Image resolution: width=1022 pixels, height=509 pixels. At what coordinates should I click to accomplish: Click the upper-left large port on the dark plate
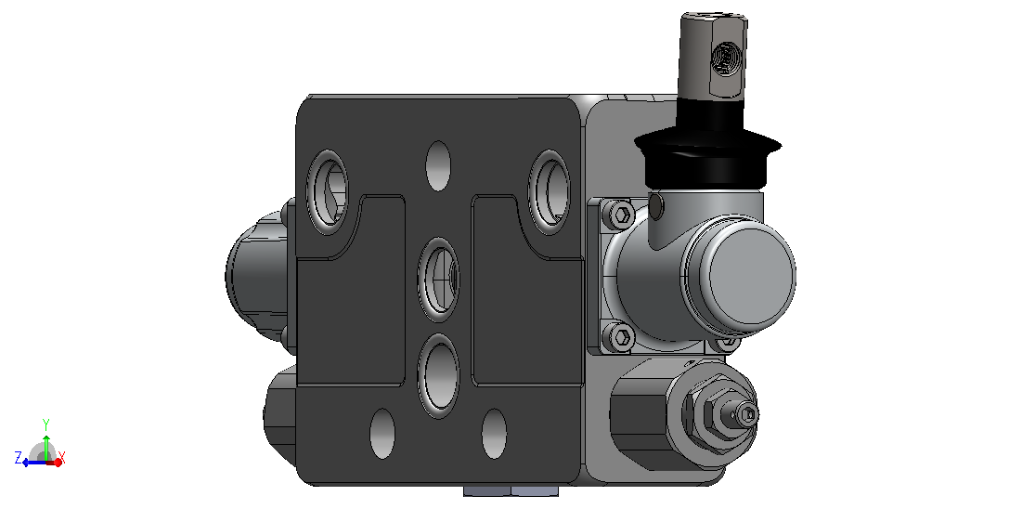[327, 192]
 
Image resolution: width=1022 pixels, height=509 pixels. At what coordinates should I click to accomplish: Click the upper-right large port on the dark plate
[550, 192]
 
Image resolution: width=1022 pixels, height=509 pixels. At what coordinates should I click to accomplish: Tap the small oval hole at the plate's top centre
[438, 165]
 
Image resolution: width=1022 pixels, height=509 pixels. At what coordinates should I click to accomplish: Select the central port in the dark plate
[438, 280]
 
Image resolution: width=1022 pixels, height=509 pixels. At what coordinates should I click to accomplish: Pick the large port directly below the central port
[438, 376]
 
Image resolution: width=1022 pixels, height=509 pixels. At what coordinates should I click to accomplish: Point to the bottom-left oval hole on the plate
[382, 434]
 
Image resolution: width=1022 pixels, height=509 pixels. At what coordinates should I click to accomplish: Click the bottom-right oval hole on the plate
[494, 434]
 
